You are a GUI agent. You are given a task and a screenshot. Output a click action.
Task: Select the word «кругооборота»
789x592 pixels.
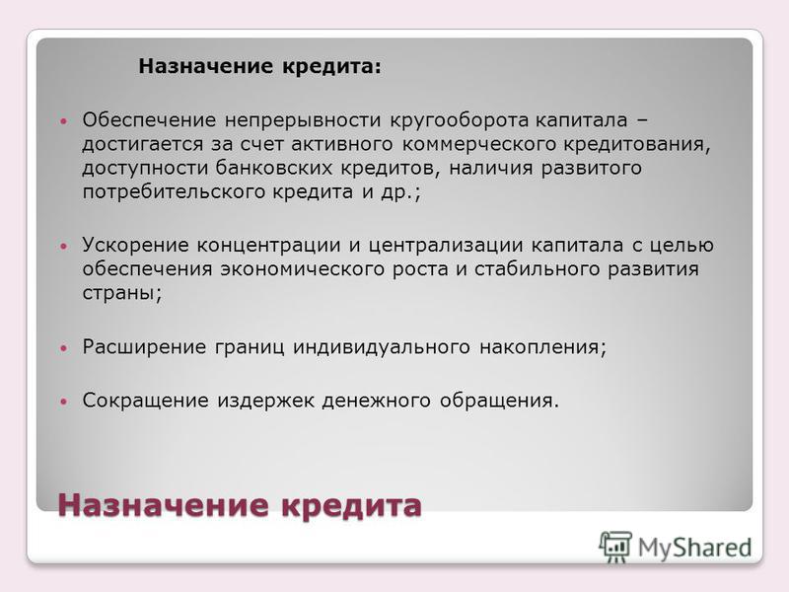pyautogui.click(x=460, y=120)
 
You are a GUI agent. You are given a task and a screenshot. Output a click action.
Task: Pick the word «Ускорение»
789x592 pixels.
pyautogui.click(x=135, y=246)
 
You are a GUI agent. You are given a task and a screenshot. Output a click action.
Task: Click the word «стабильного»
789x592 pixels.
pyautogui.click(x=537, y=269)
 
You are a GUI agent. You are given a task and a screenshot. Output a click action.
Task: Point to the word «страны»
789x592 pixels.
pyautogui.click(x=120, y=293)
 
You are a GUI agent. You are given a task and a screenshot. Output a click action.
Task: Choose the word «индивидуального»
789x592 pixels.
pyautogui.click(x=382, y=347)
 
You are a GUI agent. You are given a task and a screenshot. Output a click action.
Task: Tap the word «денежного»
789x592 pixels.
pyautogui.click(x=377, y=401)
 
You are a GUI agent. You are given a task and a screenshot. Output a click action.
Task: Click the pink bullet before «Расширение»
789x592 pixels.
pyautogui.click(x=63, y=348)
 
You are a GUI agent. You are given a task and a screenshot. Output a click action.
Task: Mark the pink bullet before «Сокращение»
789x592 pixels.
pyautogui.click(x=63, y=402)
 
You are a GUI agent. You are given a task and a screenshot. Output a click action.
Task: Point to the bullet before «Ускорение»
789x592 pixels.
pyautogui.click(x=63, y=246)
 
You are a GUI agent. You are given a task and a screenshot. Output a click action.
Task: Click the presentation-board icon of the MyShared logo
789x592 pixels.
pyautogui.click(x=614, y=547)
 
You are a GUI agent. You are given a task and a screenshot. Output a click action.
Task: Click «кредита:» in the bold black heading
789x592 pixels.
pyautogui.click(x=331, y=67)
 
